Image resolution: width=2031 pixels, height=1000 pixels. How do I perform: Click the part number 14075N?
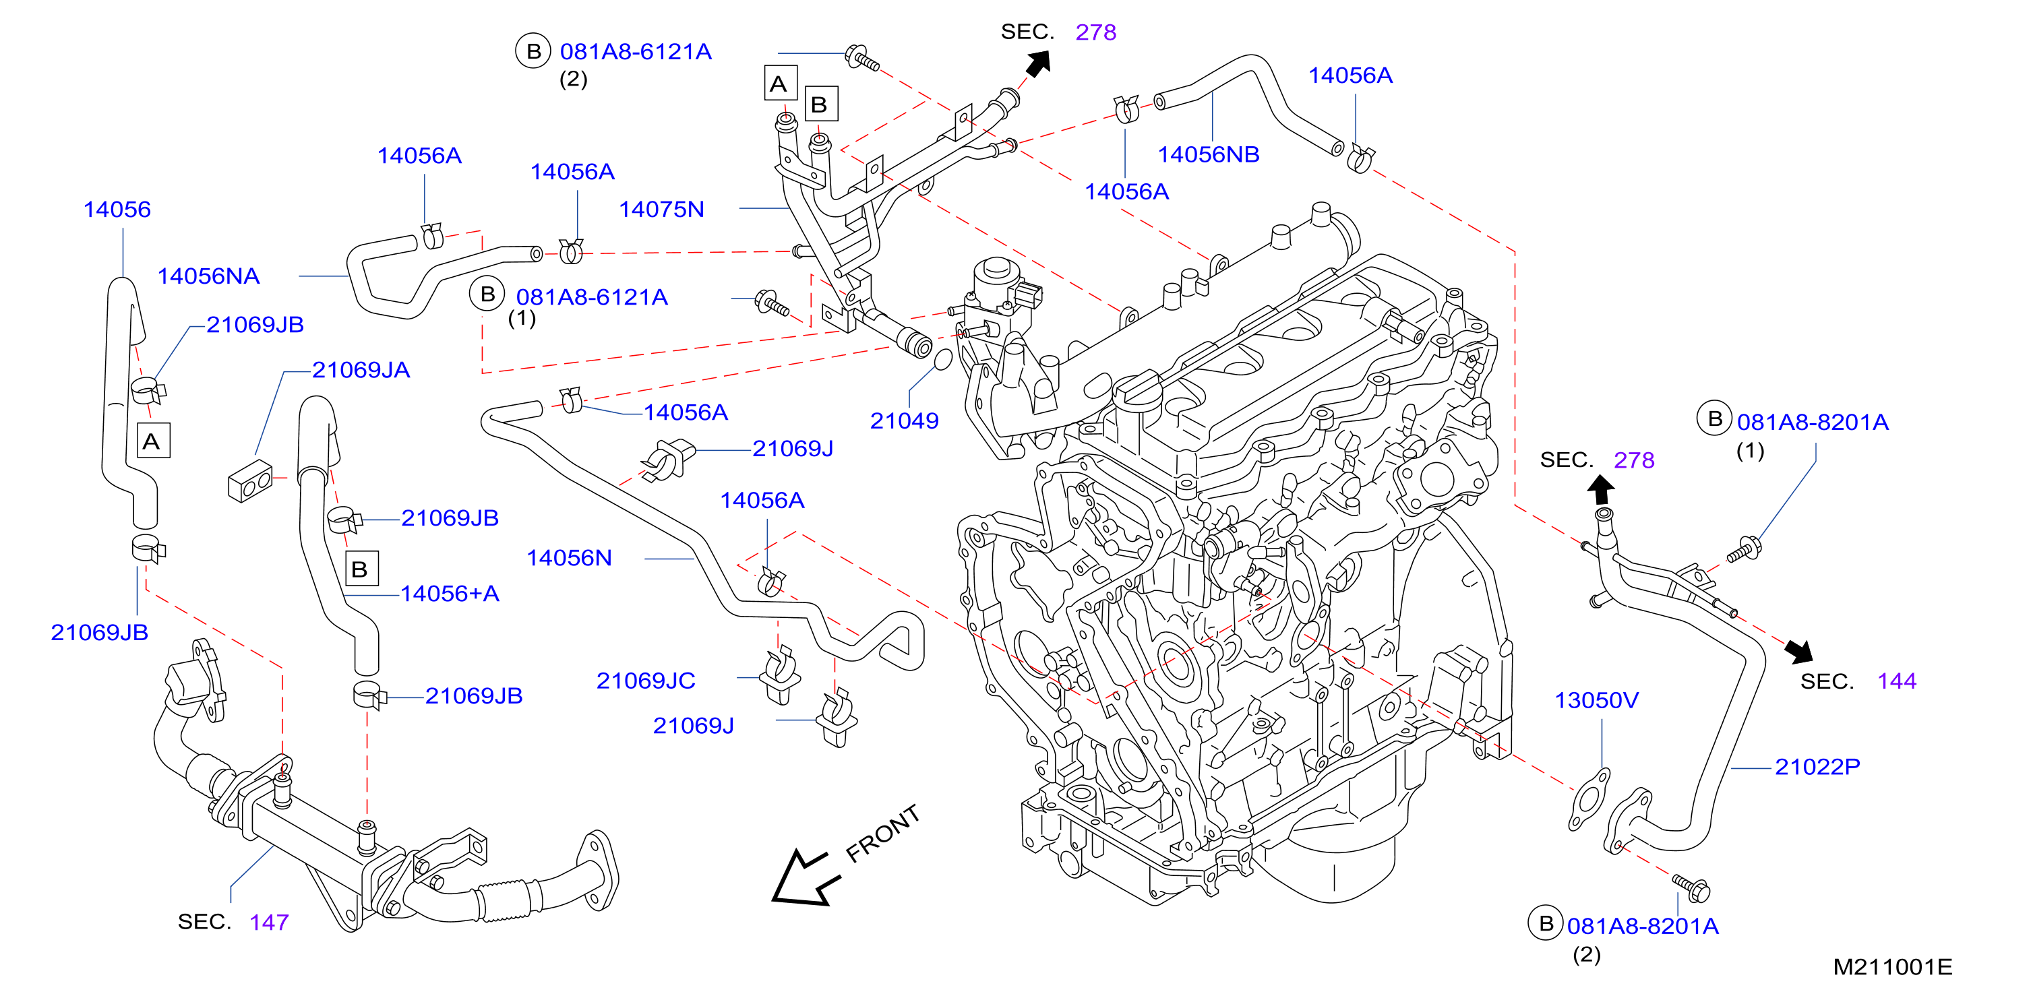(661, 209)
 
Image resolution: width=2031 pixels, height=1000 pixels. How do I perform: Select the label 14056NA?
(208, 276)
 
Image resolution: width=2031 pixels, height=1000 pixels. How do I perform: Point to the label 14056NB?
(1208, 154)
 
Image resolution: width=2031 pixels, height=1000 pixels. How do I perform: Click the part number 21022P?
(1817, 766)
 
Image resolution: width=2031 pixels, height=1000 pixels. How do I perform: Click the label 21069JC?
(645, 680)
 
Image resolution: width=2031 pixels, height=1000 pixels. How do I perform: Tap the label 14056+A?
(450, 594)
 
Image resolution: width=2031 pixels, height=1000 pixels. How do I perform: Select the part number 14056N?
(568, 558)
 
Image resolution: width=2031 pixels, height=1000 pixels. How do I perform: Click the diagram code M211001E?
(1892, 967)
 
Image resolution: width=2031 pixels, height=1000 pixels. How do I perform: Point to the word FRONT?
(882, 833)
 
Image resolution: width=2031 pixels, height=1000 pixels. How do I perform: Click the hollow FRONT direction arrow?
(802, 879)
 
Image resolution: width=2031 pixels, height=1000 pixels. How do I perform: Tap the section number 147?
(269, 922)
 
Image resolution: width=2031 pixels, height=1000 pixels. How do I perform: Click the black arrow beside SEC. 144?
(1798, 652)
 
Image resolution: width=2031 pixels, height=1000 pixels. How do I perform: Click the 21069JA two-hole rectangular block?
(250, 480)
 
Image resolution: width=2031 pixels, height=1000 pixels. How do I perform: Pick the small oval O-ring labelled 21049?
(942, 360)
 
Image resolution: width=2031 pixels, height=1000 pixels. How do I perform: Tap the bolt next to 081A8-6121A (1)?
(772, 303)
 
